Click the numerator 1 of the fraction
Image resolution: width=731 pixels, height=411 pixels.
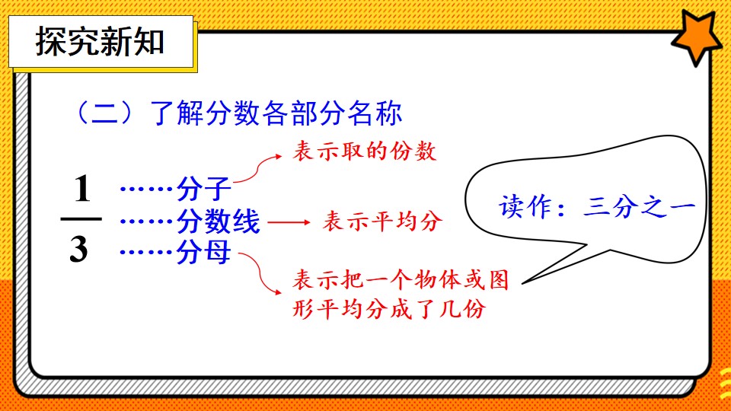tap(82, 189)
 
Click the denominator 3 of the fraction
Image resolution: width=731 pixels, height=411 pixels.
tap(78, 250)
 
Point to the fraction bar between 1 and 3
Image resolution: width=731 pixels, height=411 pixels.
tap(81, 218)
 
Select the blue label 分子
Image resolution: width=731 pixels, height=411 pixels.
tap(204, 189)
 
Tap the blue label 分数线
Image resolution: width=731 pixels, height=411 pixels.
tap(218, 221)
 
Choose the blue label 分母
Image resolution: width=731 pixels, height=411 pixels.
tap(204, 252)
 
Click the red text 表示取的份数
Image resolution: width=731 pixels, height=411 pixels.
tap(365, 151)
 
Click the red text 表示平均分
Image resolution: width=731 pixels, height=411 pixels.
tap(382, 221)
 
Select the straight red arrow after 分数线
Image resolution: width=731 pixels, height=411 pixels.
tap(289, 222)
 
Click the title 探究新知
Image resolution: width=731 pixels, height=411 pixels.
tap(100, 42)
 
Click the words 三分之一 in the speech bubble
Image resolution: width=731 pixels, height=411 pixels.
tap(639, 206)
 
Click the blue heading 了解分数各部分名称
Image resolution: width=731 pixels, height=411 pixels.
tap(276, 113)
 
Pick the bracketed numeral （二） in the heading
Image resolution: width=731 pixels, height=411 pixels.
tap(104, 113)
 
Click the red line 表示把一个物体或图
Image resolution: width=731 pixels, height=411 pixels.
tap(401, 279)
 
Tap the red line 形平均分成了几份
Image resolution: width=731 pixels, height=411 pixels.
tap(389, 308)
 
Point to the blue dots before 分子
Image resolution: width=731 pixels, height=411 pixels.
tap(146, 189)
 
